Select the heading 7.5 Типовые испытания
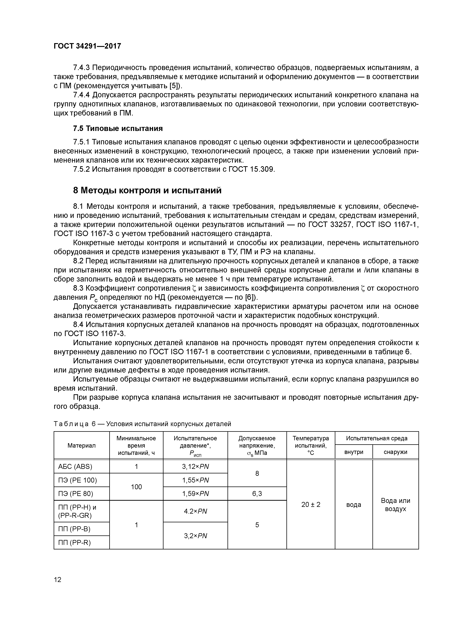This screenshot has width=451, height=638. (x=118, y=128)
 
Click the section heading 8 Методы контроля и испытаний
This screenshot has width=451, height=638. (x=147, y=190)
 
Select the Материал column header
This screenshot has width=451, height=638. (x=81, y=445)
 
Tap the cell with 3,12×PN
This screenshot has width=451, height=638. (x=195, y=466)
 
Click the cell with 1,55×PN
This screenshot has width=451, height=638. (x=195, y=480)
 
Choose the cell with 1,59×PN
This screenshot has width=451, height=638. (x=195, y=494)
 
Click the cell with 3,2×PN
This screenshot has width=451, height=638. (x=195, y=536)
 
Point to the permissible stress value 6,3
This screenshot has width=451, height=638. (x=257, y=494)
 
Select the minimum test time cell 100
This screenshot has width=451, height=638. (x=136, y=487)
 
